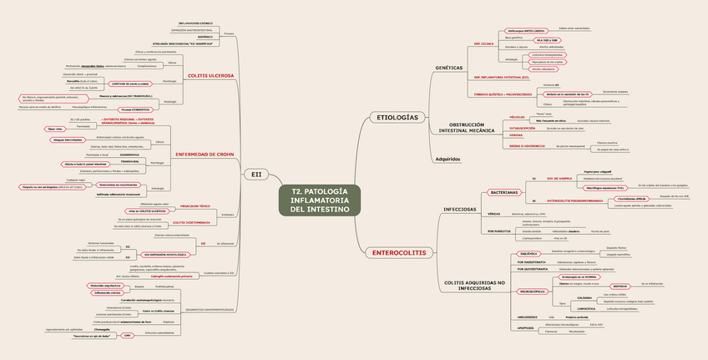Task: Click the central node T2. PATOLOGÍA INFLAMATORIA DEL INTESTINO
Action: (x=320, y=200)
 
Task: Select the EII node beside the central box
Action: (x=256, y=175)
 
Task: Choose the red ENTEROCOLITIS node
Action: (x=397, y=252)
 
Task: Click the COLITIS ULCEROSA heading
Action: (x=210, y=75)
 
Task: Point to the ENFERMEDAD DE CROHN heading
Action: (x=205, y=155)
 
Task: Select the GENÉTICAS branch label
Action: (x=449, y=68)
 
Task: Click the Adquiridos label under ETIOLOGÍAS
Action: (x=448, y=158)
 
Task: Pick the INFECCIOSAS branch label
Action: (x=460, y=209)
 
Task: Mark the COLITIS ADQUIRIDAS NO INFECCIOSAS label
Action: (x=474, y=286)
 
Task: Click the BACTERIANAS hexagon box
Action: (x=504, y=192)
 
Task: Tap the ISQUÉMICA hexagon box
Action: (x=528, y=252)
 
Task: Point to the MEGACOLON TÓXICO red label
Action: (x=195, y=205)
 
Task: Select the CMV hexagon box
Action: (x=127, y=335)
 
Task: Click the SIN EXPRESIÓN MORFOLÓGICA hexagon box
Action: (x=165, y=253)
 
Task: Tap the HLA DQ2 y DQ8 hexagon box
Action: (x=547, y=39)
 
